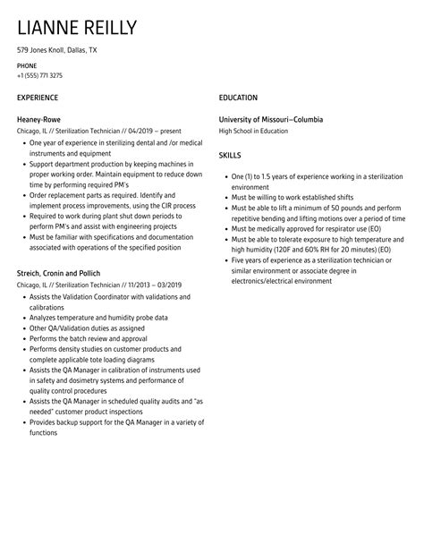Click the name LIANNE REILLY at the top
pyautogui.click(x=77, y=28)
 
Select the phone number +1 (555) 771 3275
pyautogui.click(x=39, y=76)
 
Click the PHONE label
pyautogui.click(x=28, y=67)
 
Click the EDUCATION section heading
pyautogui.click(x=238, y=97)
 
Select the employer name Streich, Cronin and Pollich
pyautogui.click(x=58, y=272)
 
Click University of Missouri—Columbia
pyautogui.click(x=271, y=119)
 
